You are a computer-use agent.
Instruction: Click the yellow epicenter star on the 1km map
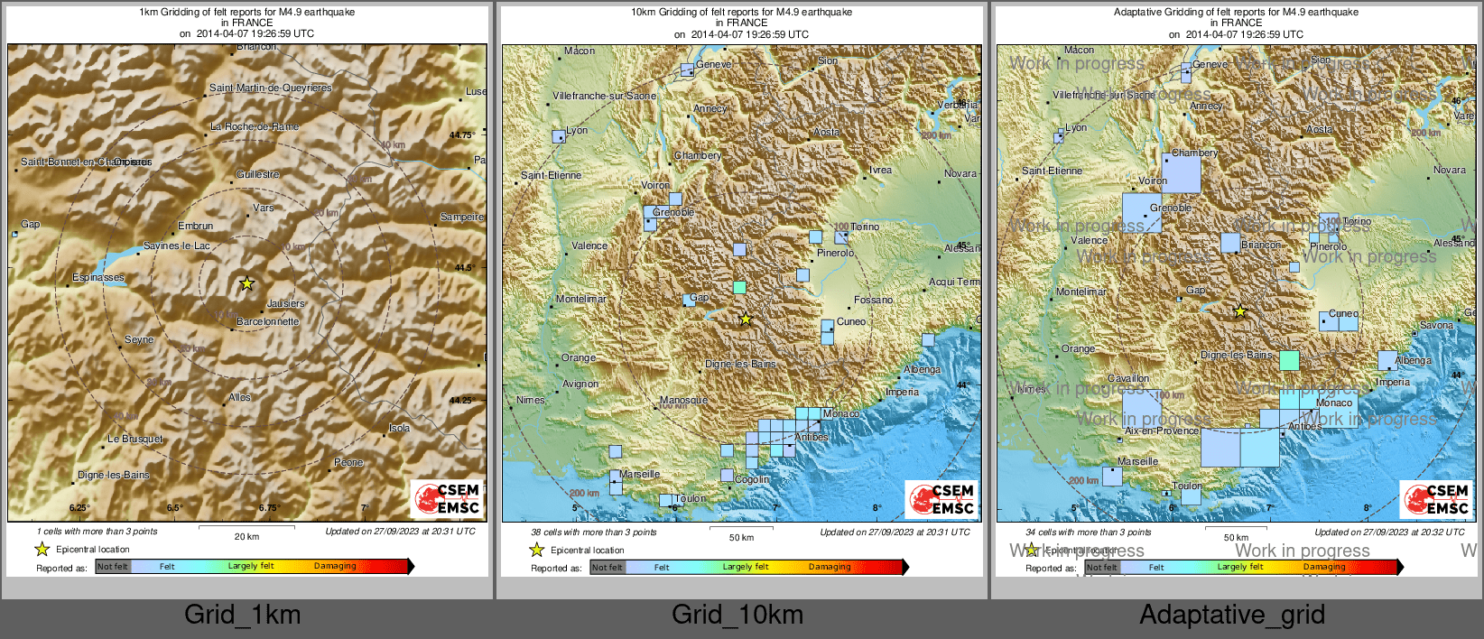[246, 283]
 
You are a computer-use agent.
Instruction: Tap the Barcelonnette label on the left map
[267, 321]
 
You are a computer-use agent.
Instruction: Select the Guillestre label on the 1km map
[258, 174]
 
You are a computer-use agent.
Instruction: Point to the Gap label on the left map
[31, 224]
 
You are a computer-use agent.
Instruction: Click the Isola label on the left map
[399, 428]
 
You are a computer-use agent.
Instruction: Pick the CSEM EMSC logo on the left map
[448, 499]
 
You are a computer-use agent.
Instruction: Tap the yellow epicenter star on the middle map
[746, 319]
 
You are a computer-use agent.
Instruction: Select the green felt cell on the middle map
[739, 287]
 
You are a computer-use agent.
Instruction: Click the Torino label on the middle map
[865, 227]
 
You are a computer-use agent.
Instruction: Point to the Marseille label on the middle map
[640, 474]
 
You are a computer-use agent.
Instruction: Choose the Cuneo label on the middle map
[851, 321]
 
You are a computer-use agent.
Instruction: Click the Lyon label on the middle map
[578, 130]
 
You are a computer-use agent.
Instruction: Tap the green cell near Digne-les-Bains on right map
[1289, 360]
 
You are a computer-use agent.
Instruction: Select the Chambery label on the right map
[1194, 153]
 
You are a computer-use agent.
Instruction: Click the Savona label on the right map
[1436, 325]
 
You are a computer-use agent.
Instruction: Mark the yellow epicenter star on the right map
[1240, 311]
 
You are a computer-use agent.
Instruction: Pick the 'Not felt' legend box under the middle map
[608, 567]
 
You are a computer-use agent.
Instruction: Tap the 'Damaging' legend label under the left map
[335, 566]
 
